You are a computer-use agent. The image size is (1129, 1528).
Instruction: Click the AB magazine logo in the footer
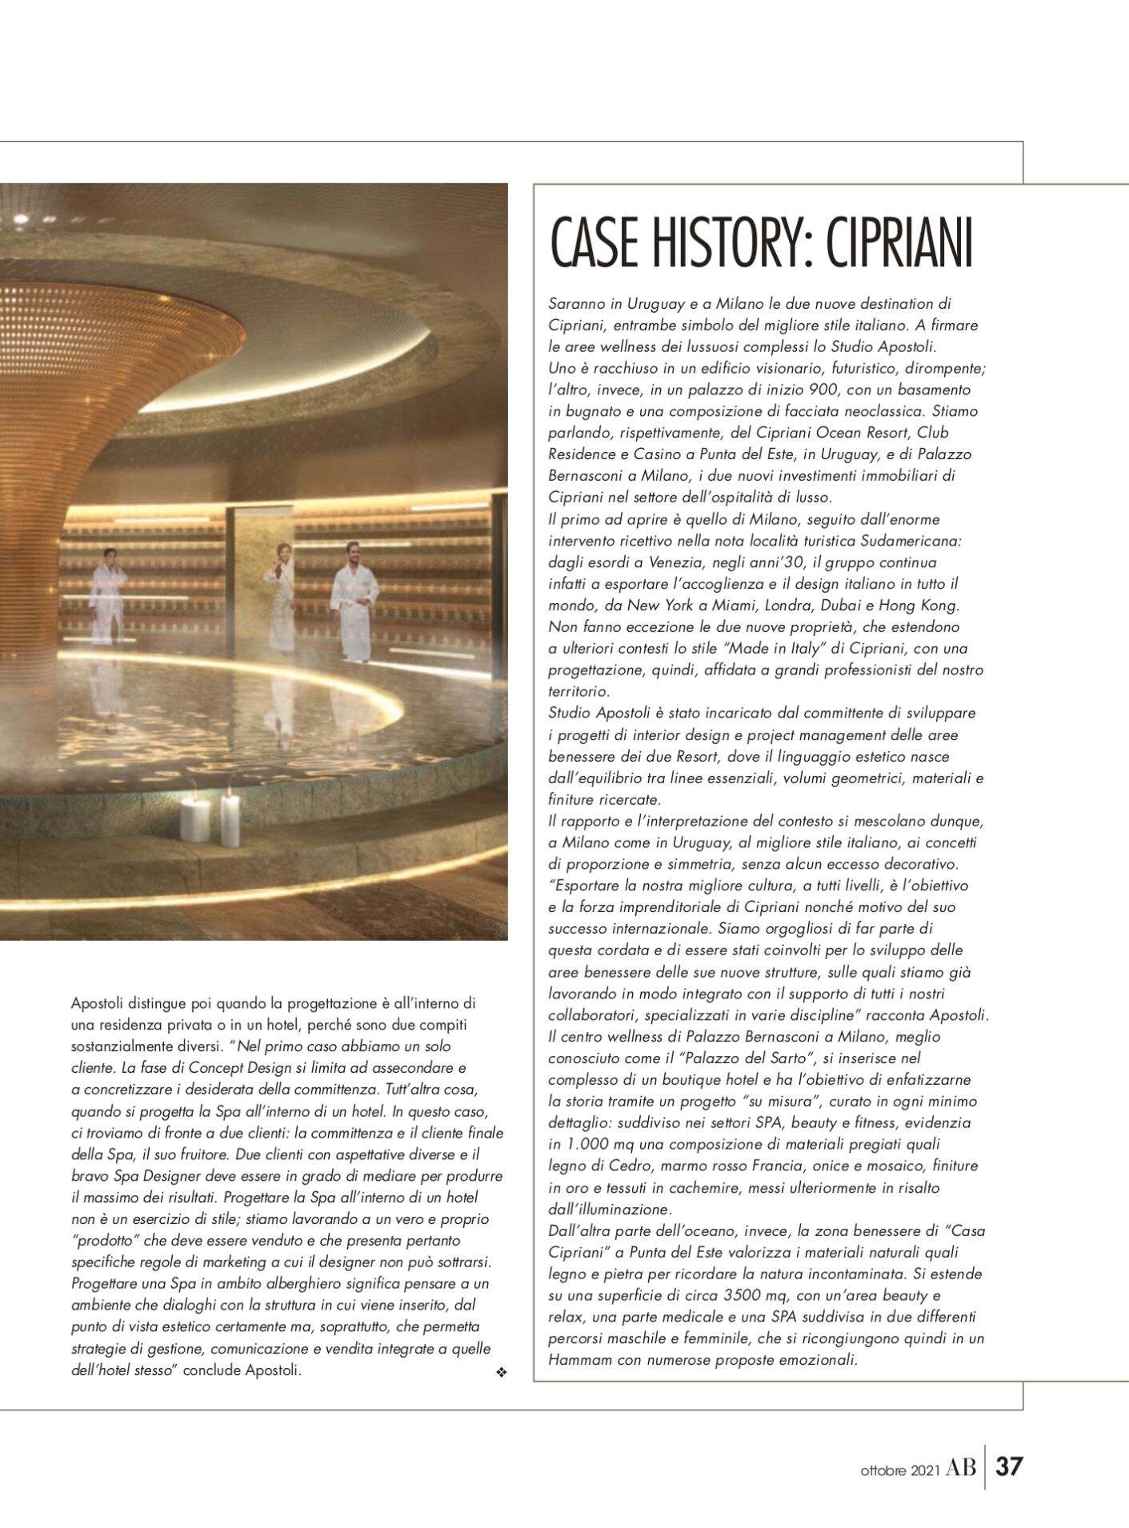(960, 1468)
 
